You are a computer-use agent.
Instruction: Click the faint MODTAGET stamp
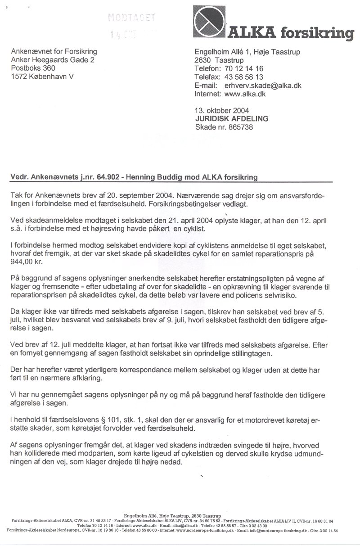coord(131,18)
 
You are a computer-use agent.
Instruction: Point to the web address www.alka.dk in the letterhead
coord(245,94)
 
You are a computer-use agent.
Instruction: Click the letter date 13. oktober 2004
coord(222,110)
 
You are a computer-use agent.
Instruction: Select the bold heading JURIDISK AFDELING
coord(232,118)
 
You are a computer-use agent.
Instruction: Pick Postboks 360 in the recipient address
coord(33,68)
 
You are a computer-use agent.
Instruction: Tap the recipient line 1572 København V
coord(42,77)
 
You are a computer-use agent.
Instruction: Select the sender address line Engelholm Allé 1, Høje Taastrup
coord(247,52)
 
